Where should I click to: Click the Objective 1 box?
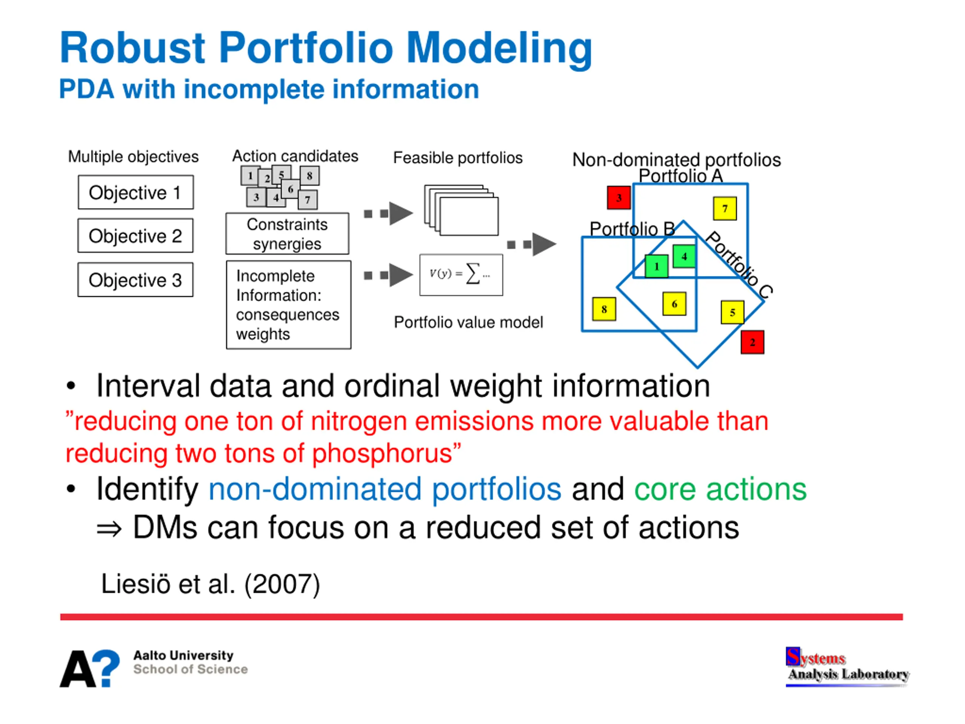[136, 192]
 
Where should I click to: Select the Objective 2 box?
[135, 236]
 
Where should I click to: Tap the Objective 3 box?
[135, 280]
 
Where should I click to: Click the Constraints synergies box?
[287, 233]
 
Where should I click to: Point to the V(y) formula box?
[461, 275]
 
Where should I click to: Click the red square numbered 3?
[619, 198]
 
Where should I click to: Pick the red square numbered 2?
[752, 342]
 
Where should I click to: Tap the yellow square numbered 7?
[725, 209]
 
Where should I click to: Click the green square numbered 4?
[684, 256]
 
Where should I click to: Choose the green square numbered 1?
[657, 266]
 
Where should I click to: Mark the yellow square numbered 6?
[674, 304]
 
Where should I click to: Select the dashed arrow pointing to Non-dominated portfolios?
[532, 244]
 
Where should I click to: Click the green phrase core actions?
[720, 489]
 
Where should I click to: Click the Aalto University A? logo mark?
[90, 668]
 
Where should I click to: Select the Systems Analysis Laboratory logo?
[847, 666]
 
